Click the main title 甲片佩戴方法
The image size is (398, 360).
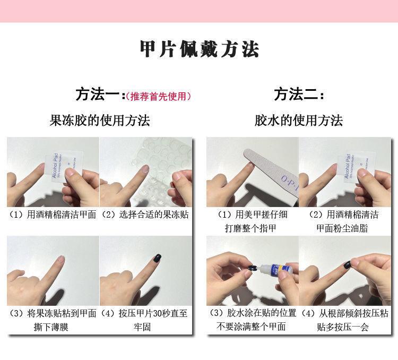[x=199, y=49]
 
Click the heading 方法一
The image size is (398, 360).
[x=98, y=96]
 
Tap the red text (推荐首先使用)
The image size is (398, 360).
[x=158, y=97]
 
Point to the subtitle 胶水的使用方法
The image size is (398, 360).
[x=299, y=121]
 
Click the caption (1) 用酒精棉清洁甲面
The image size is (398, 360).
[x=53, y=215]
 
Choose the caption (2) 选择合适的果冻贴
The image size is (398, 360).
[x=145, y=215]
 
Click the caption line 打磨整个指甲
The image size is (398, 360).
[x=252, y=228]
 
